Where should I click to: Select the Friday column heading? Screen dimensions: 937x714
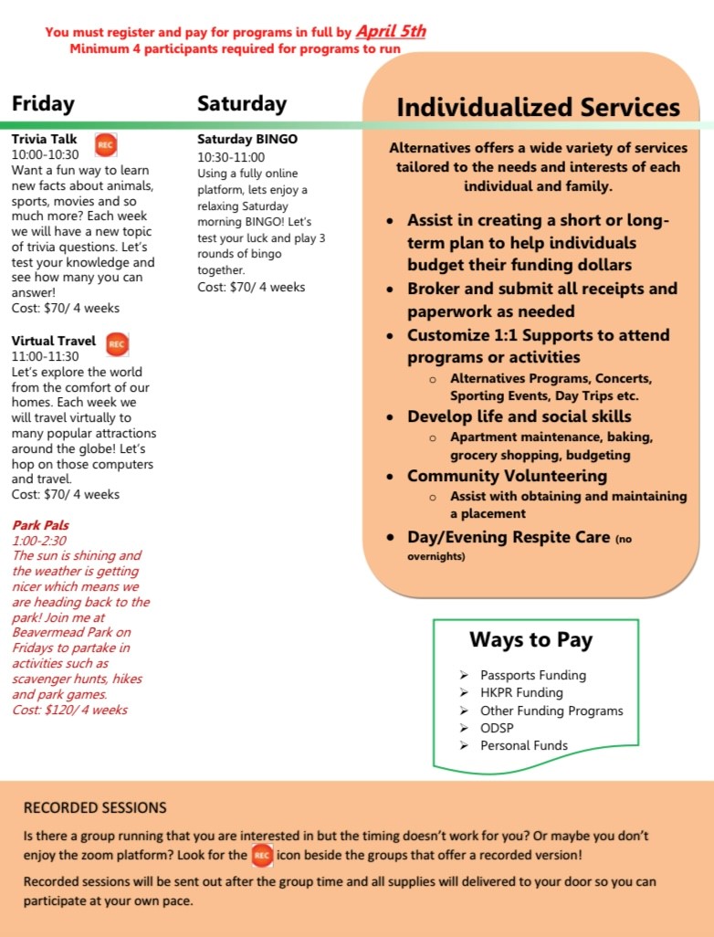pos(43,104)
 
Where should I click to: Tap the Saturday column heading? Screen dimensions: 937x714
pos(241,104)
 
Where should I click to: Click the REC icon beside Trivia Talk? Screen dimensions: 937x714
pos(106,144)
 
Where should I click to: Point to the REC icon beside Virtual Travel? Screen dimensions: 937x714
pos(116,343)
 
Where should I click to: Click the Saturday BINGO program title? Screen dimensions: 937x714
pos(247,140)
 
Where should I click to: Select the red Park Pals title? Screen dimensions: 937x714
pos(40,525)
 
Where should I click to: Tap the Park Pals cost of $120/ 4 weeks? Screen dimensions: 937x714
pos(69,710)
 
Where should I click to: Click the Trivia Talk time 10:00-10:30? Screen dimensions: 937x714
pos(45,154)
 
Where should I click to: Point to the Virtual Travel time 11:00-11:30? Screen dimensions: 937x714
pos(45,356)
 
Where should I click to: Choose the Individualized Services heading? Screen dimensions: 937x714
pos(538,107)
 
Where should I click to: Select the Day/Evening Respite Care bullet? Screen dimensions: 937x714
pos(508,537)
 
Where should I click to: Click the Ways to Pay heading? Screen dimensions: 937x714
pos(530,639)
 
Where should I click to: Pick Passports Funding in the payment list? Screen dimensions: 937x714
pos(533,675)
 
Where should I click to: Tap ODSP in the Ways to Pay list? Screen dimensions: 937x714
pos(497,728)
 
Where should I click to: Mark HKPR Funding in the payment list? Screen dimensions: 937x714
pos(521,692)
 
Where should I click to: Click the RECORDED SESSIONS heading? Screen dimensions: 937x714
pos(95,807)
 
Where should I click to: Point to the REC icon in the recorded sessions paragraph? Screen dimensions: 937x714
pos(262,856)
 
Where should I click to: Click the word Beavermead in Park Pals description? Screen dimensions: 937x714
pos(49,632)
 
